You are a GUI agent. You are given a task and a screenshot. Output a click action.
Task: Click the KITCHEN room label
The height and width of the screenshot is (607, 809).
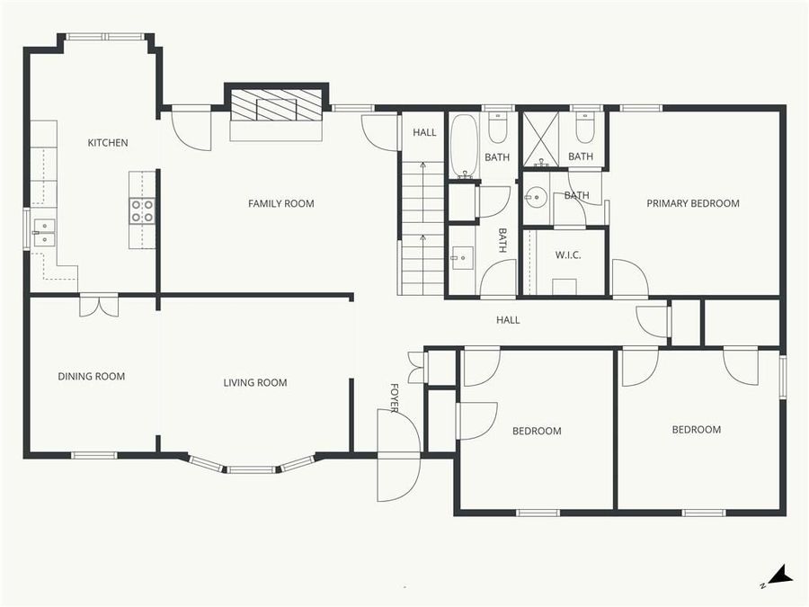[x=107, y=143]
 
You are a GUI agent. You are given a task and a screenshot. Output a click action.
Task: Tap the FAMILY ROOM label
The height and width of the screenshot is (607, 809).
[x=280, y=204]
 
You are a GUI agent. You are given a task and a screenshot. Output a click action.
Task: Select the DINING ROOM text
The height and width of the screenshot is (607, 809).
[x=91, y=377]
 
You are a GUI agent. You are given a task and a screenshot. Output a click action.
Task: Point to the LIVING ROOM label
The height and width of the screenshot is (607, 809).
[x=255, y=383]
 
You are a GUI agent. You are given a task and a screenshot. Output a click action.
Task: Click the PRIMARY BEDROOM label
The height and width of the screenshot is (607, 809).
[x=693, y=204]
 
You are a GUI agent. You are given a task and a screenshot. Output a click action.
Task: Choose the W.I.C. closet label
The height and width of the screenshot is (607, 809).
[x=567, y=255]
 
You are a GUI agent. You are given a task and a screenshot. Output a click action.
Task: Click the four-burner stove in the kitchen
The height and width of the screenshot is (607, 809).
[x=143, y=210]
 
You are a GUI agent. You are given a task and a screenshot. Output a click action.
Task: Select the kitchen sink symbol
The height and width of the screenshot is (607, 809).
[x=43, y=232]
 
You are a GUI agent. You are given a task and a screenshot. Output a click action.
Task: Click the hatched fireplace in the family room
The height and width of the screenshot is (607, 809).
[x=276, y=107]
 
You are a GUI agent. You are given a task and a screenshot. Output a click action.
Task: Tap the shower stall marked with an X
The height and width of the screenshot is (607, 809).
[x=541, y=139]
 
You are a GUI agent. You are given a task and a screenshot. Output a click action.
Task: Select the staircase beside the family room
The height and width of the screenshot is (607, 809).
[x=422, y=229]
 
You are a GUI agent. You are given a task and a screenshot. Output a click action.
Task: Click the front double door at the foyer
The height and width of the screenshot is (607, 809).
[x=398, y=455]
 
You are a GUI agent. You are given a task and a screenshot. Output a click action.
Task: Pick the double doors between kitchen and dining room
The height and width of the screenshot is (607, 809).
[x=98, y=305]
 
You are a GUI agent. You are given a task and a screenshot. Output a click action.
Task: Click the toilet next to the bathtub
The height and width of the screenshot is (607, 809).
[x=497, y=129]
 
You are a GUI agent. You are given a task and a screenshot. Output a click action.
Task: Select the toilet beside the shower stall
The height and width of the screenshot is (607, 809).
[x=584, y=129]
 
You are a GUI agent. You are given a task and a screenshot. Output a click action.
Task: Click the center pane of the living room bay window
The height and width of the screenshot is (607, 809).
[x=251, y=469]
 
